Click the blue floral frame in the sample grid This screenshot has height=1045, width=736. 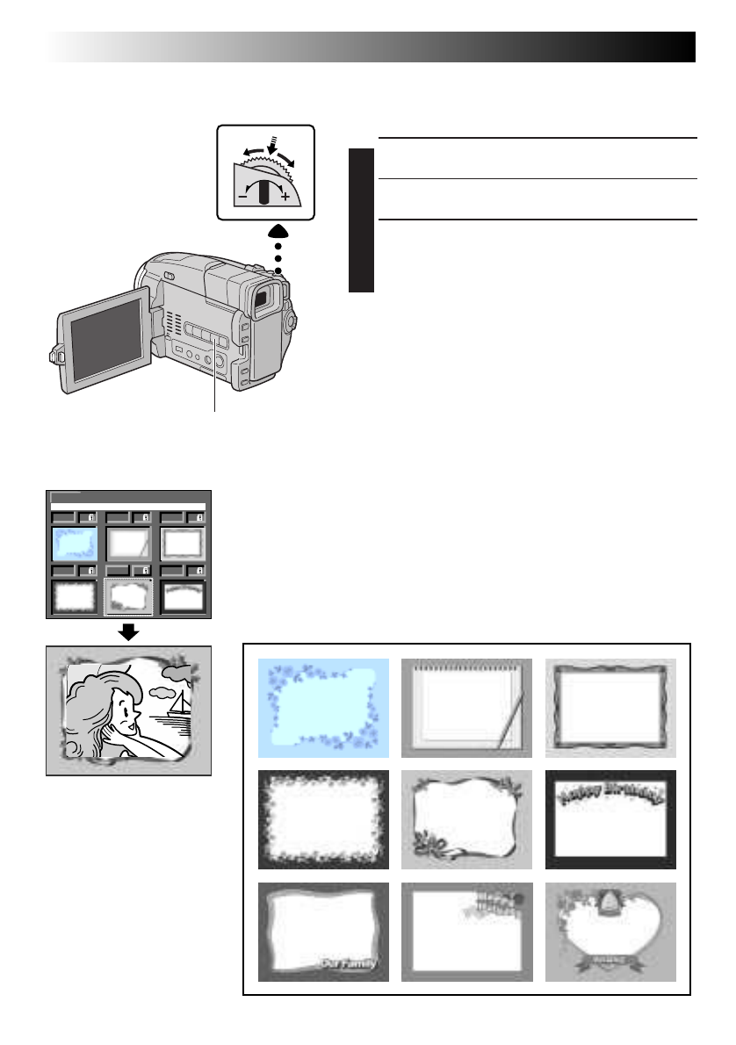tap(323, 707)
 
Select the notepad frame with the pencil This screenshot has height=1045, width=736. tap(466, 707)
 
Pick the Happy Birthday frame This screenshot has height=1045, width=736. tap(610, 819)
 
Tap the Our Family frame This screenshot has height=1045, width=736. tap(323, 932)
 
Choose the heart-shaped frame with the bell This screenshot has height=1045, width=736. tap(610, 932)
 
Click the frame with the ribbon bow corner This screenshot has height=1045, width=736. tap(466, 819)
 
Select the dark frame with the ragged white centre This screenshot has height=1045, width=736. tap(323, 819)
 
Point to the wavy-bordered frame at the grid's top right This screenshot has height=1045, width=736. tap(610, 707)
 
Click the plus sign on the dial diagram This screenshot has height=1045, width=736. tap(285, 198)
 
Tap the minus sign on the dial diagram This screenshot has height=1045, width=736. tap(241, 198)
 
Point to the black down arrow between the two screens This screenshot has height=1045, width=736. tap(128, 631)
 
